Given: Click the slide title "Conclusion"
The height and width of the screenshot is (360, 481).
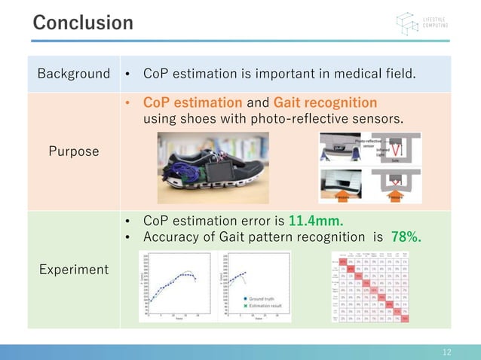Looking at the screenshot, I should coord(83,23).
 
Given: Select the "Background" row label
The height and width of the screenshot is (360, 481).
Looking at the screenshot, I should coord(74,74).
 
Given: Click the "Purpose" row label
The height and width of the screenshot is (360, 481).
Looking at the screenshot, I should coord(74,151).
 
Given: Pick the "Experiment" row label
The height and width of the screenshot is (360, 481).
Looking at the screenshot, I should coord(74,269).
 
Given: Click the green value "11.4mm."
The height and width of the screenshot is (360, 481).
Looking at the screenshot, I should coord(315,221).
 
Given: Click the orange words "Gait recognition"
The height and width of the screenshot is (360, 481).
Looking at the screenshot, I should coord(325,102).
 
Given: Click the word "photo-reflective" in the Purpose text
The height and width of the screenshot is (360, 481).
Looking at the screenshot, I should coord(292,119).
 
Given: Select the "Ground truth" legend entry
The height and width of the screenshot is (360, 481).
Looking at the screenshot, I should coord(261,299).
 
